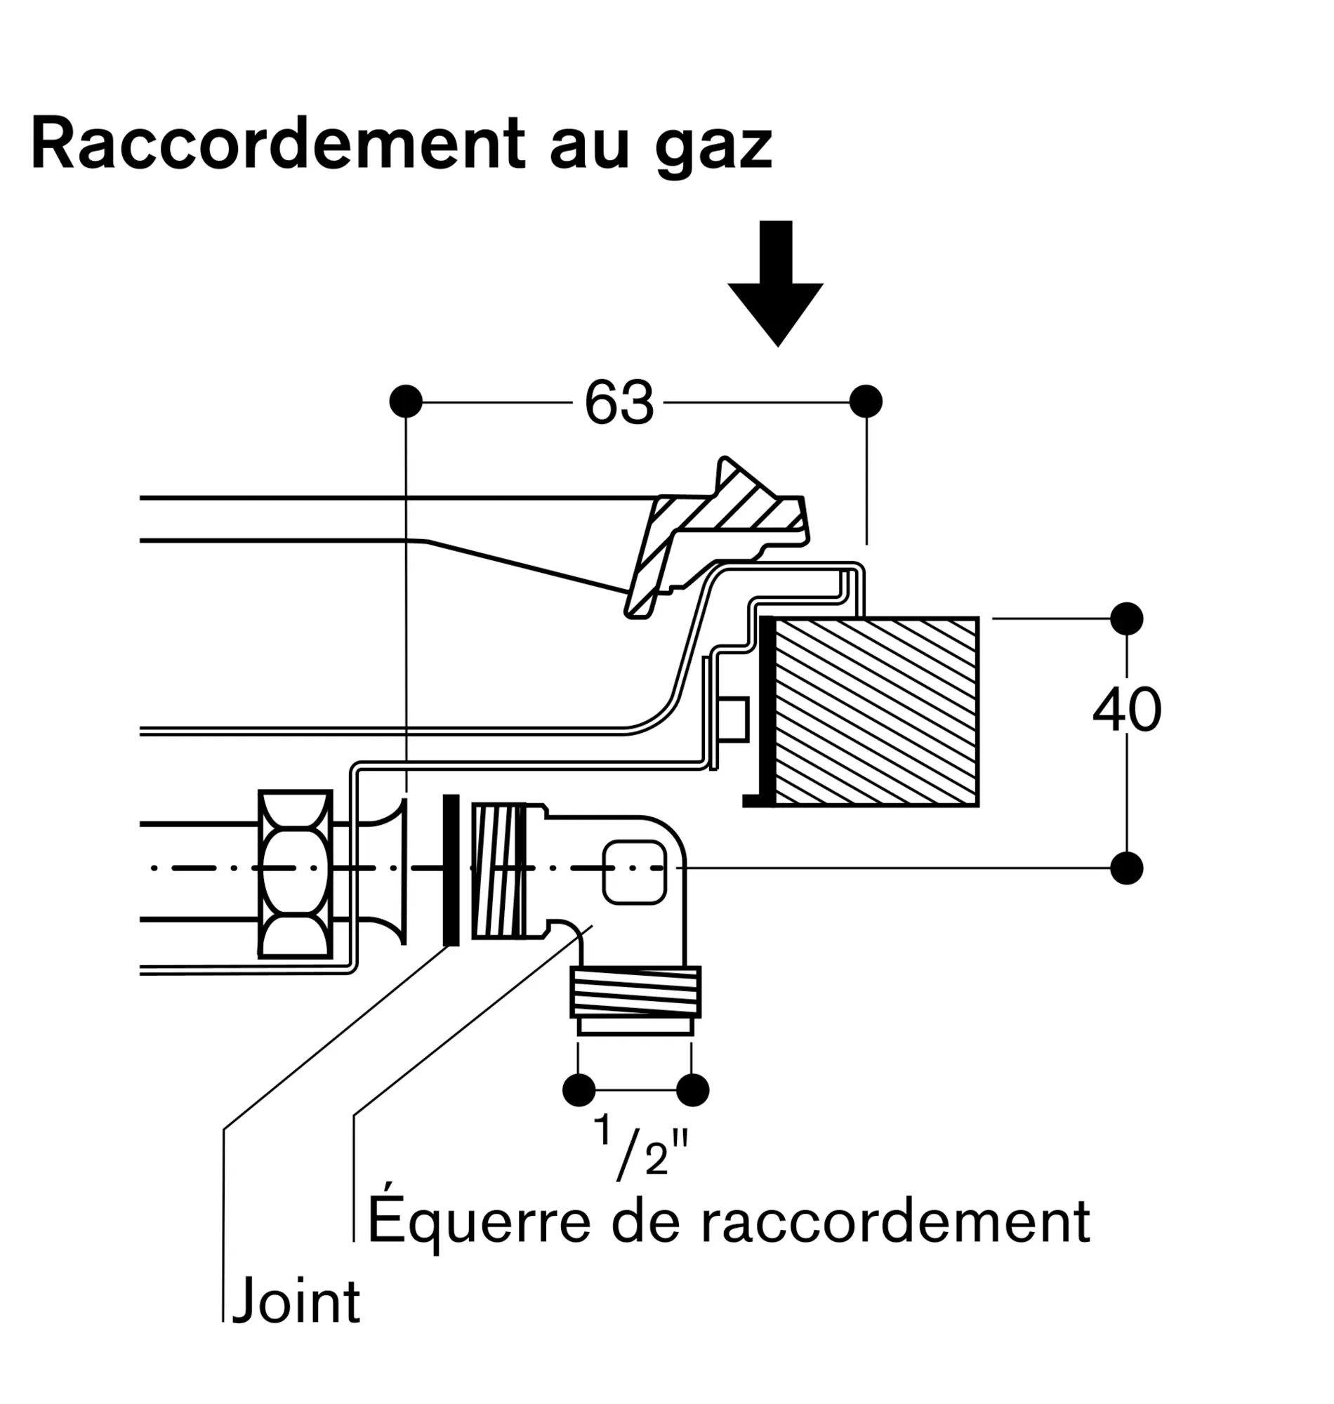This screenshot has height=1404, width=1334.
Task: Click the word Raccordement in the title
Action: tap(277, 145)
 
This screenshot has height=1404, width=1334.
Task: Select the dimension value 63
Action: tap(618, 403)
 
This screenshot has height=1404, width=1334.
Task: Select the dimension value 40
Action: tap(1127, 710)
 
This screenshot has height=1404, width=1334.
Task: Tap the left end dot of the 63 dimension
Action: tap(406, 402)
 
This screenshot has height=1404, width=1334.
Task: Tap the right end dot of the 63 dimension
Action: tap(866, 402)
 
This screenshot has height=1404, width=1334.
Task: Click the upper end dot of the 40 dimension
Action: tap(1126, 618)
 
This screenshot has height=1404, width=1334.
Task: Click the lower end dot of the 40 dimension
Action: tap(1126, 868)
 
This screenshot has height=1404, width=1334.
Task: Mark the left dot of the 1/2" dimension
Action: tap(579, 1090)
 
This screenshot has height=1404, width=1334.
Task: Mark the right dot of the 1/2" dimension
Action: tap(692, 1090)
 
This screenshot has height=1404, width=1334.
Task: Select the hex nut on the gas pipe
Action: tap(295, 875)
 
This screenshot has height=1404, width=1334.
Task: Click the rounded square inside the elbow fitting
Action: tap(633, 873)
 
